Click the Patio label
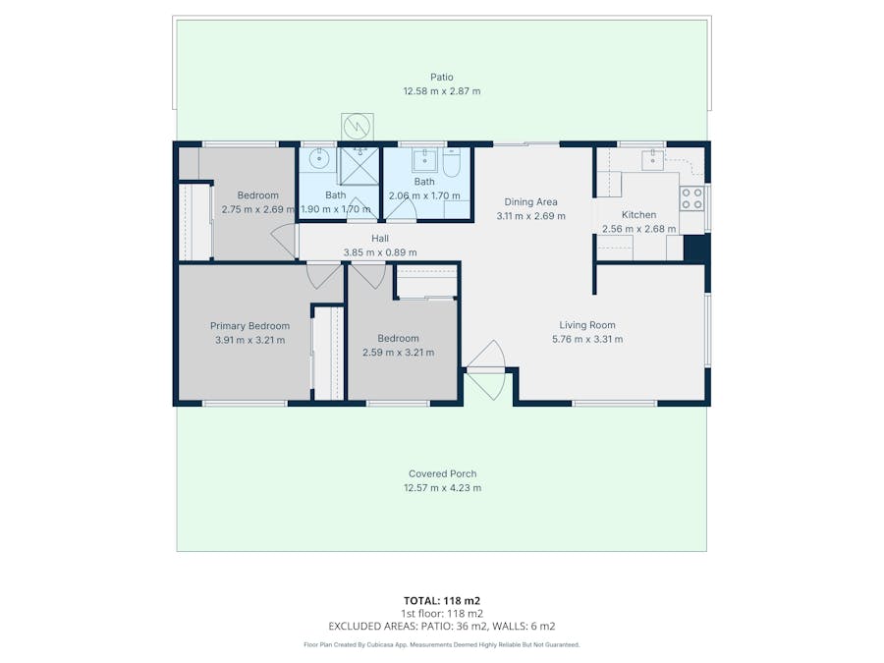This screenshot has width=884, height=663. click(441, 77)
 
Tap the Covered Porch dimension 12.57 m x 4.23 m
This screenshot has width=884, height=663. click(442, 487)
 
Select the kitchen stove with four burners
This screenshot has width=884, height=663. click(692, 198)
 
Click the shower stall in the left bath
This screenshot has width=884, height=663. click(359, 165)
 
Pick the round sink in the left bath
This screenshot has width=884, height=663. click(317, 159)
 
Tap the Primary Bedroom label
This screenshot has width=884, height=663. click(249, 326)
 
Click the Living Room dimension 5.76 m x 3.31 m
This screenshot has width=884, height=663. click(587, 339)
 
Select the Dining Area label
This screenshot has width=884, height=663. click(530, 202)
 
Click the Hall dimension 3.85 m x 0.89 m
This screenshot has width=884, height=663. click(379, 252)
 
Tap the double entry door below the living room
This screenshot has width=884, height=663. click(486, 369)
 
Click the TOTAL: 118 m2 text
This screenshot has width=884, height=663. click(441, 600)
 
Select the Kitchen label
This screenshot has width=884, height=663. click(638, 215)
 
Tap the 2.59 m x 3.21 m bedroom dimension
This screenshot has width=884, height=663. click(398, 353)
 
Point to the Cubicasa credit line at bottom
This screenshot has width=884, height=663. click(441, 645)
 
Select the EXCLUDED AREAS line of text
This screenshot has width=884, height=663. click(441, 626)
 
